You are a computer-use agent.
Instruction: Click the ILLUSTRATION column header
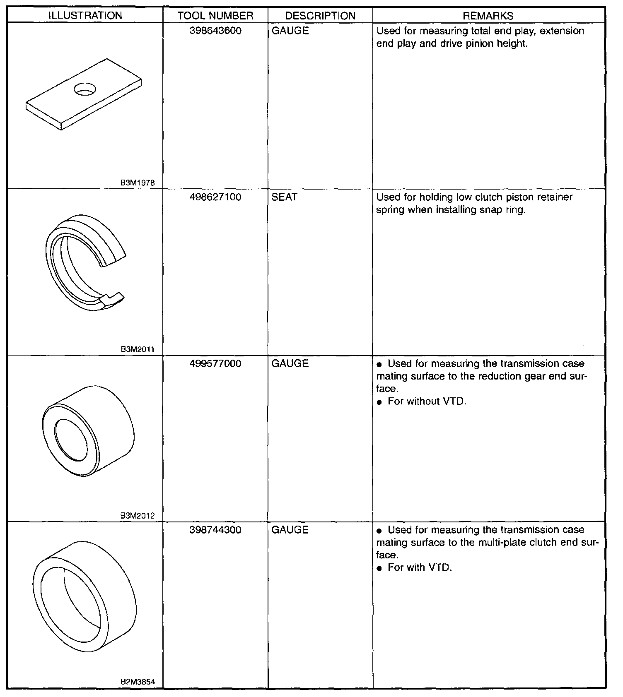point(85,16)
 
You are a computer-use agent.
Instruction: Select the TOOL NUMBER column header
point(215,16)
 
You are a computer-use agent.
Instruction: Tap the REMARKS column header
point(488,16)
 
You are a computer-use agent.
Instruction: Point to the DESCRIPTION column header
point(320,16)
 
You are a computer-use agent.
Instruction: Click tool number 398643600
point(215,31)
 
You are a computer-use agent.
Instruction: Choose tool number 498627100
point(215,197)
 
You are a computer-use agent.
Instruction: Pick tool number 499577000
point(215,363)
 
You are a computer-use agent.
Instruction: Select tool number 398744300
point(215,530)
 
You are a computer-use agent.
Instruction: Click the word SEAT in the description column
point(285,197)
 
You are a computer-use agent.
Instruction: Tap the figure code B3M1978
point(138,183)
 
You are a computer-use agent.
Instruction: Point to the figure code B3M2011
point(138,349)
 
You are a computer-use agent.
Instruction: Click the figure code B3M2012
point(138,516)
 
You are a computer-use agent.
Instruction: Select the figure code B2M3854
point(138,682)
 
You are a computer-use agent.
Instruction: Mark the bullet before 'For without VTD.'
point(379,402)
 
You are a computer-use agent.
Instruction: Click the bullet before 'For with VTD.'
point(379,568)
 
